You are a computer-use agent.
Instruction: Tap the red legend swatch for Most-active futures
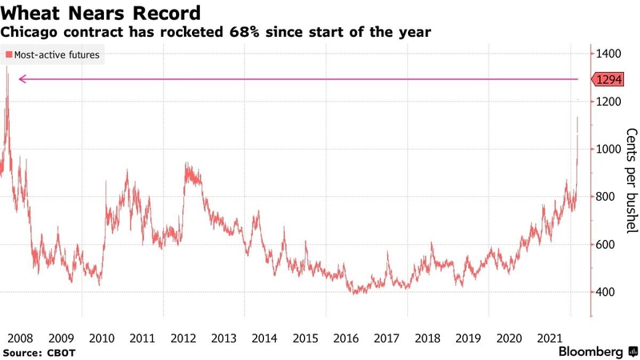pos(9,55)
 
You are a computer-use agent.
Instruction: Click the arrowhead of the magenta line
pos(22,79)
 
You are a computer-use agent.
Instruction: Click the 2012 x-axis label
pos(184,338)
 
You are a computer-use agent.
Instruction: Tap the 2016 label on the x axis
pos(346,338)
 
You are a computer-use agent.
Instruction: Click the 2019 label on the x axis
pos(470,338)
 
